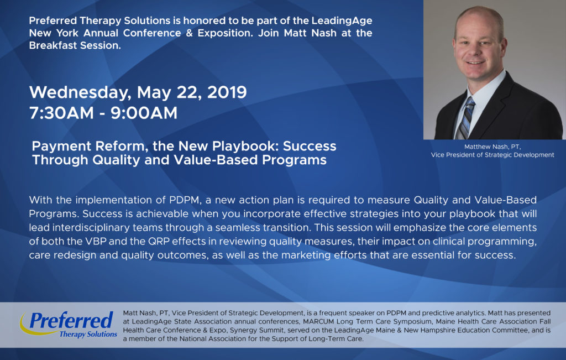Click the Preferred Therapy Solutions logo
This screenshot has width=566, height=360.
tap(69, 324)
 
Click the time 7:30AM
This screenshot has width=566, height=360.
tap(61, 113)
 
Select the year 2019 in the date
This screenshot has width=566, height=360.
tap(227, 92)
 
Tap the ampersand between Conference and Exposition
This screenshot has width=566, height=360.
tap(190, 33)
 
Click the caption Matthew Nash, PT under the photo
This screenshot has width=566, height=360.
tap(492, 147)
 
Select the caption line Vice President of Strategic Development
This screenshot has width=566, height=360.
tap(492, 155)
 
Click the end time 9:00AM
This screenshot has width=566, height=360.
tap(144, 113)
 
